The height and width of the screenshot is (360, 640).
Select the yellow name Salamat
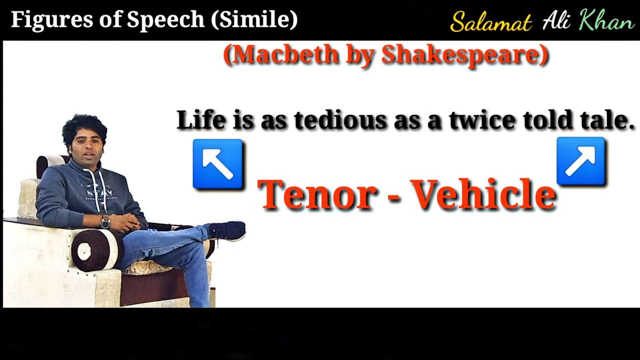pyautogui.click(x=490, y=22)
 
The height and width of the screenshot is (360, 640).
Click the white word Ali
pyautogui.click(x=556, y=20)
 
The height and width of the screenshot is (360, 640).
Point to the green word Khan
pyautogui.click(x=606, y=20)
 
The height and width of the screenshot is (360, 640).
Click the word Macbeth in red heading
pyautogui.click(x=286, y=55)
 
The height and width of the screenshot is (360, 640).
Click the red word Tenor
pyautogui.click(x=317, y=194)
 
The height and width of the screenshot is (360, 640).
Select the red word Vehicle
pyautogui.click(x=483, y=194)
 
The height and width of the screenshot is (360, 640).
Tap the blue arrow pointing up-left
pyautogui.click(x=218, y=164)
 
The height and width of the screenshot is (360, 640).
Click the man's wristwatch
pyautogui.click(x=105, y=222)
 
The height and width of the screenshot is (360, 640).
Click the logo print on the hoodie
pyautogui.click(x=97, y=192)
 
